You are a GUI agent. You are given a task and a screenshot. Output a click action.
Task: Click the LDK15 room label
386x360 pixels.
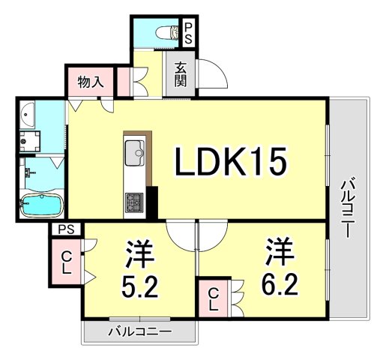(x=231, y=161)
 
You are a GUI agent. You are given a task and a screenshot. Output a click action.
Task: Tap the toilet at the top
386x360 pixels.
(x=167, y=31)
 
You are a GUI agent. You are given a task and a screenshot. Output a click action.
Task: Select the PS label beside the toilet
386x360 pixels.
(x=188, y=31)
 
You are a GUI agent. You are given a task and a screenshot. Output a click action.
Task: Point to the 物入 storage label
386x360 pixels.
(x=91, y=81)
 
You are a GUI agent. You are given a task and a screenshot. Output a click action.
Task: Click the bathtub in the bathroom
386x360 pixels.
(x=43, y=205)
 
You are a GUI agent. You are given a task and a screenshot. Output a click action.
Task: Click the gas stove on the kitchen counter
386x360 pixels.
(x=136, y=202)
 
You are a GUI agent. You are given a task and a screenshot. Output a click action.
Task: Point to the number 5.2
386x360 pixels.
(x=139, y=287)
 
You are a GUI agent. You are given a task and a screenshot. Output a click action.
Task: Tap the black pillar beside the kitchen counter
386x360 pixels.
(x=152, y=201)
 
